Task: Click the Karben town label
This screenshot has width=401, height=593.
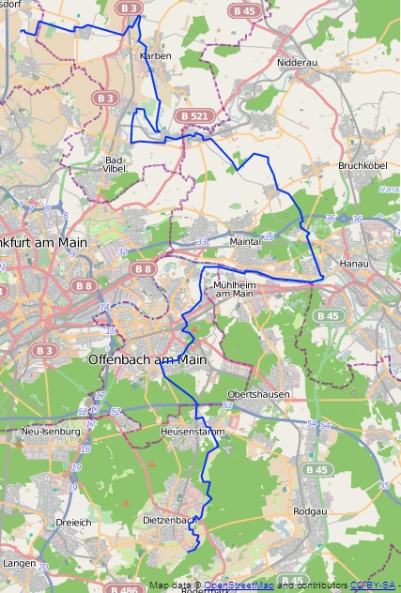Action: pyautogui.click(x=155, y=56)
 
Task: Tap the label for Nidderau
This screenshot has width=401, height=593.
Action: pyautogui.click(x=299, y=63)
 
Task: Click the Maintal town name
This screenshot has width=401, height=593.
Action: pyautogui.click(x=245, y=241)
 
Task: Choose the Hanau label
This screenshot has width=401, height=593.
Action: pyautogui.click(x=354, y=265)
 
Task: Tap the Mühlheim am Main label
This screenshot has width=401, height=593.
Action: pyautogui.click(x=234, y=288)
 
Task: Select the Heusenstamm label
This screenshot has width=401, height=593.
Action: pyautogui.click(x=188, y=432)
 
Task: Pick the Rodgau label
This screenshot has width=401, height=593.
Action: pyautogui.click(x=310, y=511)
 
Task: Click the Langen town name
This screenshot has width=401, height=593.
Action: pyautogui.click(x=20, y=563)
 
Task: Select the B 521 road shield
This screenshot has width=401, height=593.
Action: pyautogui.click(x=194, y=115)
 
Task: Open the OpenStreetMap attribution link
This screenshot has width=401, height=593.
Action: pyautogui.click(x=240, y=586)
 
